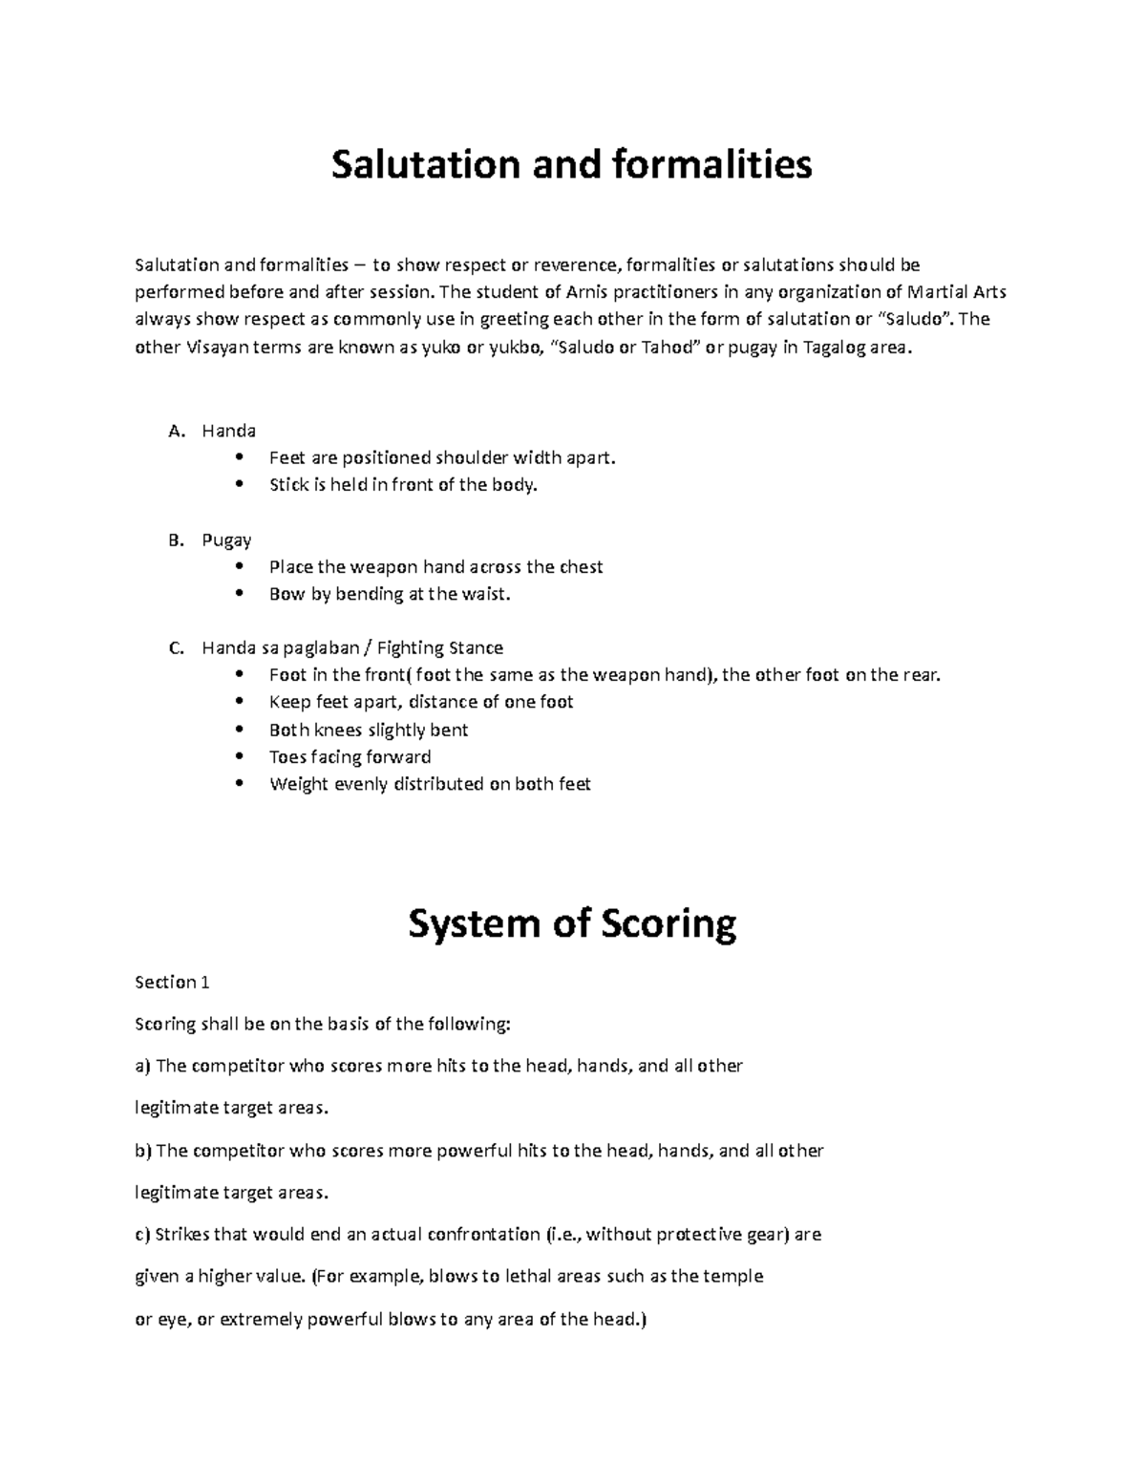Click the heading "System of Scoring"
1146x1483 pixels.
pos(571,924)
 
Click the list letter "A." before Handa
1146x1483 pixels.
pos(176,431)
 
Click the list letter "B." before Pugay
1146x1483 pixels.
pos(176,540)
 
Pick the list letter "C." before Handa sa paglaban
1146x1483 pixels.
pos(176,648)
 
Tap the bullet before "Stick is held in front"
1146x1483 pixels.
pos(239,485)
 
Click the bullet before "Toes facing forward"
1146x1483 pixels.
pos(239,757)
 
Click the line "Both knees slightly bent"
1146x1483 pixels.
pos(369,731)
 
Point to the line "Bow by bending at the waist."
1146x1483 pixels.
pos(390,594)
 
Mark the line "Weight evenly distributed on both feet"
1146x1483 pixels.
pos(430,785)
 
